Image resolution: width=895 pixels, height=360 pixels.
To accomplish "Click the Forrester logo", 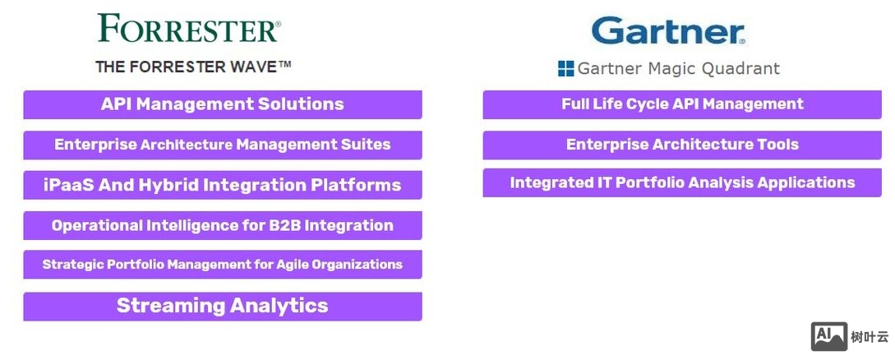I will (189, 28).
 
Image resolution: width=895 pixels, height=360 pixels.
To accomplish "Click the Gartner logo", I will (667, 31).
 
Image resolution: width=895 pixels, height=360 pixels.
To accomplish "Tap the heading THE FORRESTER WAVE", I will (193, 67).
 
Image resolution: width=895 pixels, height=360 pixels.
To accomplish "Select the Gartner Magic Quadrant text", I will (678, 69).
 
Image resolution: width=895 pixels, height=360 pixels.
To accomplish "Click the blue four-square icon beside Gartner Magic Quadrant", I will (565, 69).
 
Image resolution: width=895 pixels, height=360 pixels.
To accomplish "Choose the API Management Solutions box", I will (223, 104).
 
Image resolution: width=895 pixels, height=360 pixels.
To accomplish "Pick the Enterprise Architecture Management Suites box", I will (223, 145).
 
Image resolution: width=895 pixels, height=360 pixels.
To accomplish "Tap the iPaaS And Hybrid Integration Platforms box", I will (223, 185).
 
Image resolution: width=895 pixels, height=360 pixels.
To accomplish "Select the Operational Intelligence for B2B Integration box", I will (223, 225).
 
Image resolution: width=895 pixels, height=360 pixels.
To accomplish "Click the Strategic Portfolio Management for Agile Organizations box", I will (223, 265).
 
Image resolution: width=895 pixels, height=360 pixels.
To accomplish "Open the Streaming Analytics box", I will (223, 306).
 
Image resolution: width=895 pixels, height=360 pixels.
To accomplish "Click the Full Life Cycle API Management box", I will (682, 104).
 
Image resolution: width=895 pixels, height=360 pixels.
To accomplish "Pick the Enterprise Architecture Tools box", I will (682, 145).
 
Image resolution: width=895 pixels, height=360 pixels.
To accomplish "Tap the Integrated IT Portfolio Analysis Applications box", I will (682, 183).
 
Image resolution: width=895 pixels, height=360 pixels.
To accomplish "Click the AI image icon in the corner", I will (829, 336).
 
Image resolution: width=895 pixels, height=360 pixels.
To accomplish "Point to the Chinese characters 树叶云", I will (870, 337).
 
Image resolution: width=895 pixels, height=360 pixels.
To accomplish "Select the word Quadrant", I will (743, 69).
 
